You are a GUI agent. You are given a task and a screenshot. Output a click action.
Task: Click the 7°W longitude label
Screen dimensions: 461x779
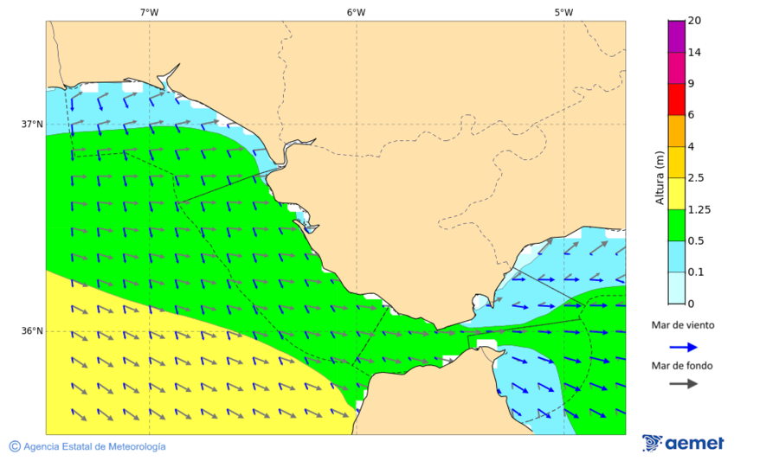149,12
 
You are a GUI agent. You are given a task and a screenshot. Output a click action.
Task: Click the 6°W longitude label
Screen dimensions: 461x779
356,12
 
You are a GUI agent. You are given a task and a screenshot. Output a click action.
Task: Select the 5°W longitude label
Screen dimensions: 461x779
563,12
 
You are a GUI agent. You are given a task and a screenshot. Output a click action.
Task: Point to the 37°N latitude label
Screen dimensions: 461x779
32,124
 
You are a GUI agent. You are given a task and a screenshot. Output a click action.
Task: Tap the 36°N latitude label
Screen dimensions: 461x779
32,330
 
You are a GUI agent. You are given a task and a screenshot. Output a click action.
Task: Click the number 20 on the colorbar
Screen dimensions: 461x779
694,21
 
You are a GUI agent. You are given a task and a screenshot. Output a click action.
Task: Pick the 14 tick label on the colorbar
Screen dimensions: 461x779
694,52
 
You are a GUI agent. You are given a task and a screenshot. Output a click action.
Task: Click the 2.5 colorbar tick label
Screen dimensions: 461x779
696,178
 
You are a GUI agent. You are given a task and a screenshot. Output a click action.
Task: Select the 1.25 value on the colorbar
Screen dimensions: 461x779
699,209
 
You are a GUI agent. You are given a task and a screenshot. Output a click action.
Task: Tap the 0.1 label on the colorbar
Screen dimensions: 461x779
696,272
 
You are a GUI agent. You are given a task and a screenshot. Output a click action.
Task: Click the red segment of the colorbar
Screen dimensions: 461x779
676,99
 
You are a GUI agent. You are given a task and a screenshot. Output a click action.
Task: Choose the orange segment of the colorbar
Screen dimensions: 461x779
676,131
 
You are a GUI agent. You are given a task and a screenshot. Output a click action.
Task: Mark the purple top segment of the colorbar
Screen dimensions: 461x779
676,35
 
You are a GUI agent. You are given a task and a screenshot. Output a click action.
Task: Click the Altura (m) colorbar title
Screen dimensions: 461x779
660,177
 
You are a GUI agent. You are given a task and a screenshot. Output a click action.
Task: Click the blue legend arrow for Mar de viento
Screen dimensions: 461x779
683,347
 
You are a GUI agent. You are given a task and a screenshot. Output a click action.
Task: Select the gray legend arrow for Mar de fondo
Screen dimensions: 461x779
683,383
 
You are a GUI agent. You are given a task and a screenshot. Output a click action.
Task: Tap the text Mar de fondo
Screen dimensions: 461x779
683,365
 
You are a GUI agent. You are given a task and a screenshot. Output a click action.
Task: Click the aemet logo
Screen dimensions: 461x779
683,443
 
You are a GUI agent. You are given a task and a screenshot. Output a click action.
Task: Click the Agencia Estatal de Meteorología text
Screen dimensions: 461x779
94,446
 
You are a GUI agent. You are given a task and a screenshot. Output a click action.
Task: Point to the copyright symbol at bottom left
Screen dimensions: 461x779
15,446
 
